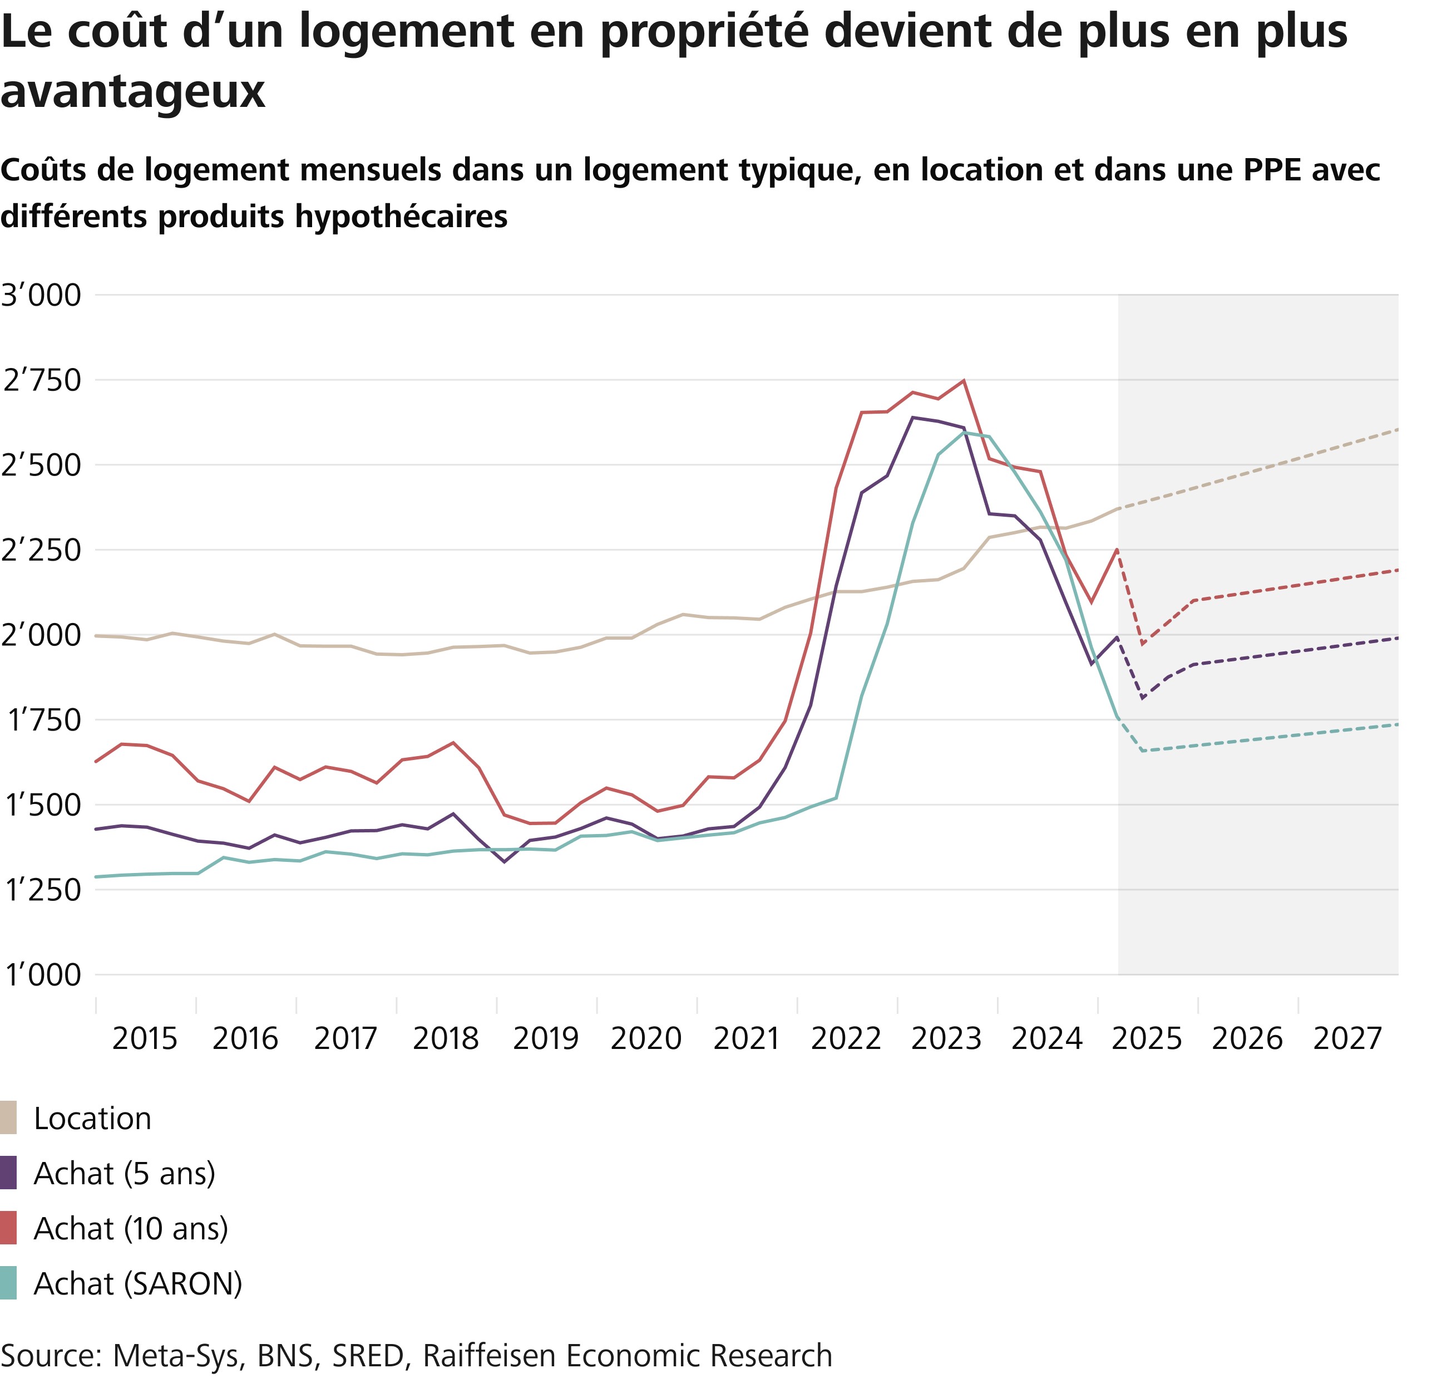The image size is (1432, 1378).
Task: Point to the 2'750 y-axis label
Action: click(x=41, y=381)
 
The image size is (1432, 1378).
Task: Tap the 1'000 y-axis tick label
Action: click(x=41, y=975)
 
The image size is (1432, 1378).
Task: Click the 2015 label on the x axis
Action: click(x=145, y=1038)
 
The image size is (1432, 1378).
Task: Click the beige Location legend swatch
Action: click(x=9, y=1118)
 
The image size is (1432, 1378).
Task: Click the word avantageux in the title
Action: click(x=133, y=92)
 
